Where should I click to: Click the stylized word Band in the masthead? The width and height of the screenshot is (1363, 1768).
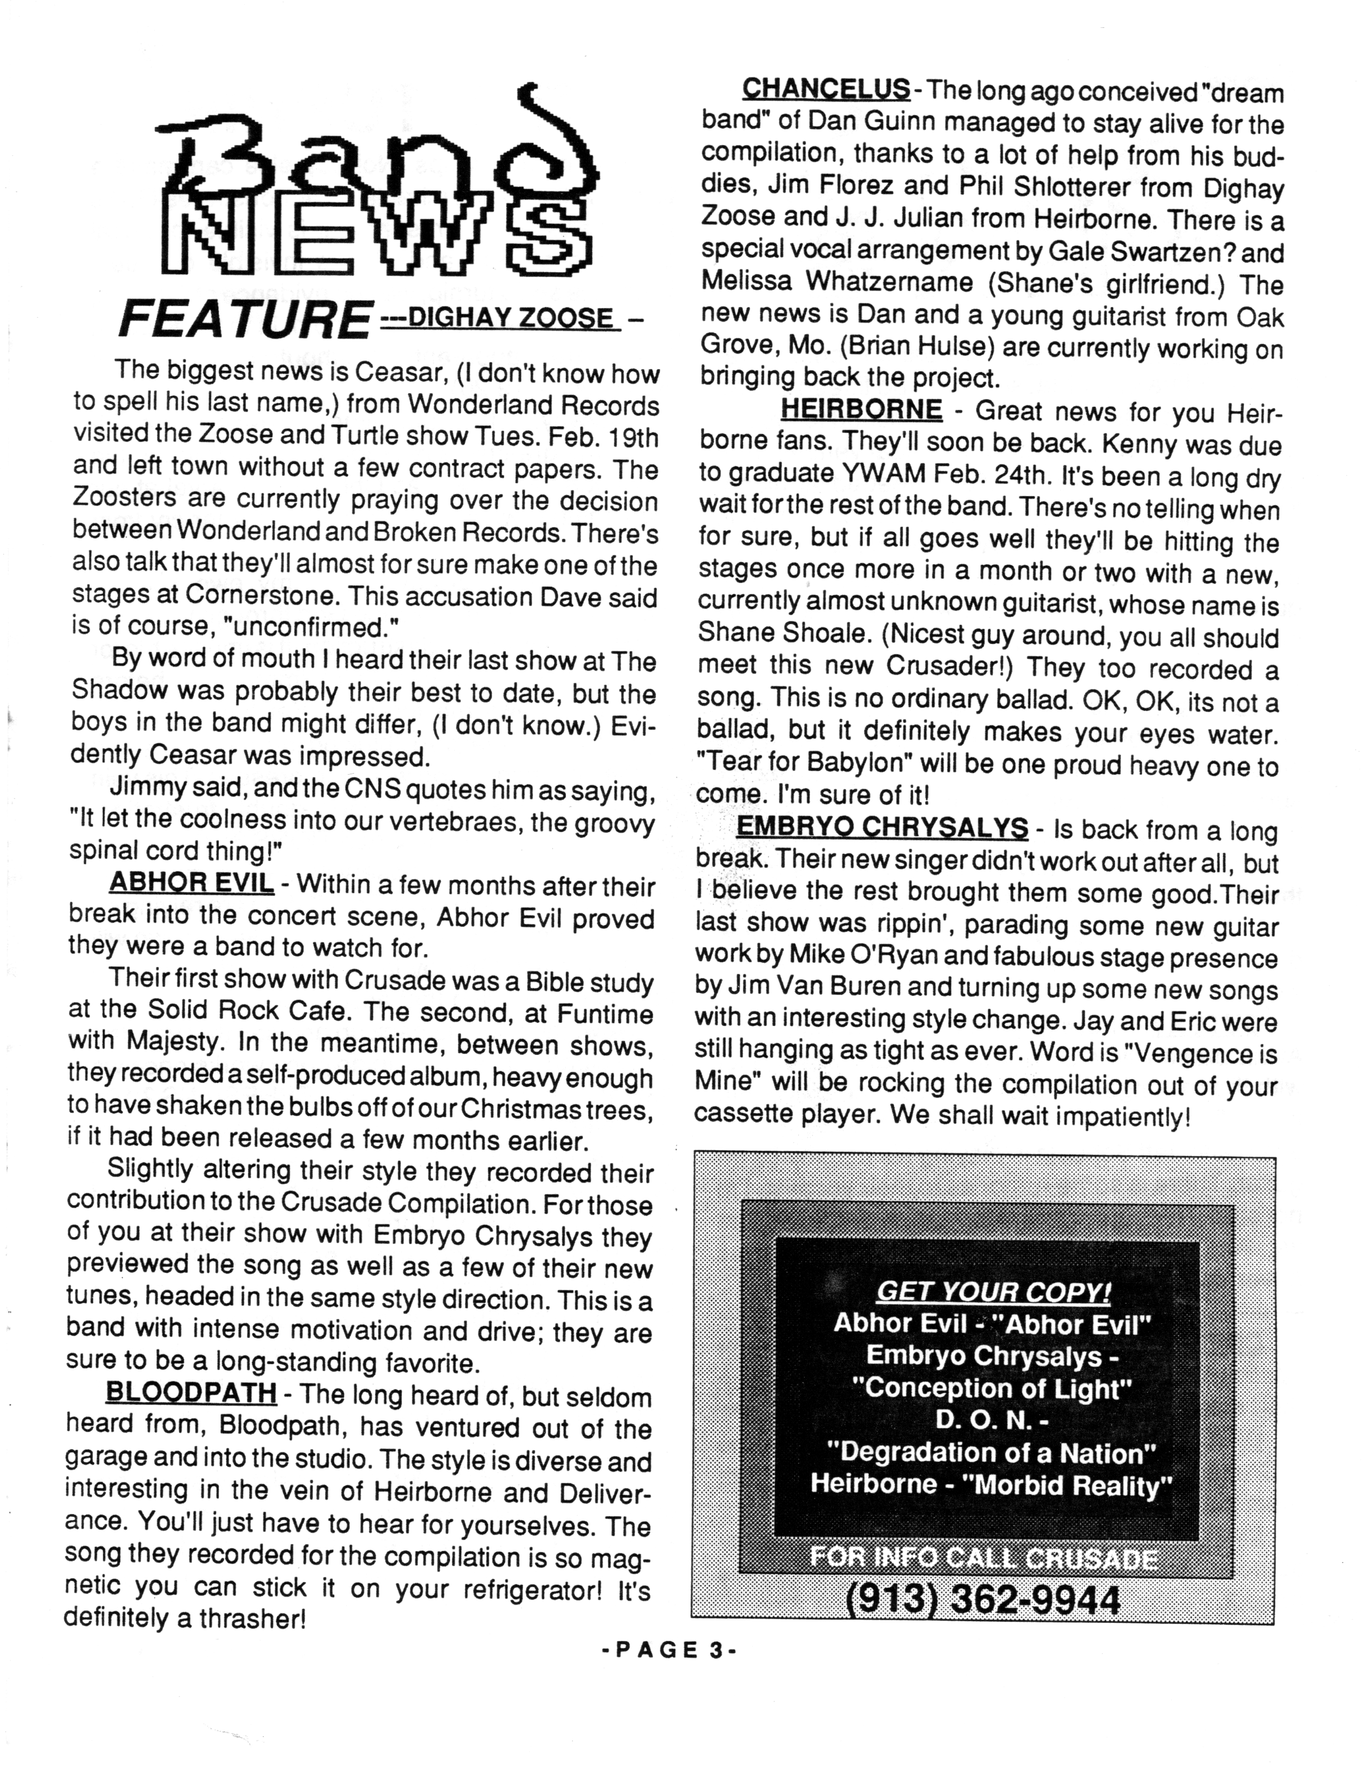coord(381,154)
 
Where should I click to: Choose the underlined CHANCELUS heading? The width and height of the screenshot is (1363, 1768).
coord(825,88)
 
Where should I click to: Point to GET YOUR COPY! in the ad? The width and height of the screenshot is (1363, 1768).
coord(993,1291)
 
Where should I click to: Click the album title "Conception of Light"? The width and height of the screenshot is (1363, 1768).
coord(992,1387)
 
